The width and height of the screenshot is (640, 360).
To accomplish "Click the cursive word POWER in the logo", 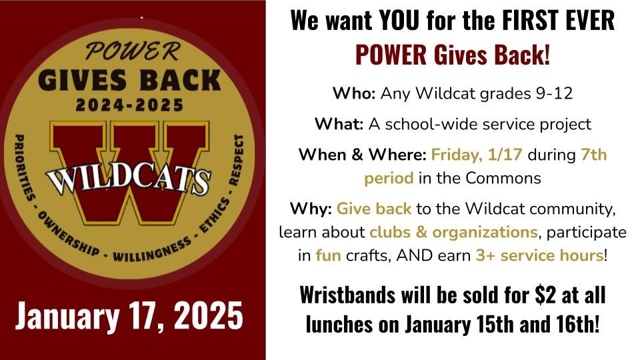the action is point(131,52).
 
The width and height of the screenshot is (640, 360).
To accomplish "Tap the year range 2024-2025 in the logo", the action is point(130,105).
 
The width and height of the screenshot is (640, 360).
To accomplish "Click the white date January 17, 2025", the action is point(129,316).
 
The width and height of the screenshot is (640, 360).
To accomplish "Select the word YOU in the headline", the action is point(399,19).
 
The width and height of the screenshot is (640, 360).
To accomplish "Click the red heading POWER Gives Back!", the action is point(453,54).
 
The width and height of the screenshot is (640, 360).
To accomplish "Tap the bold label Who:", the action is point(354,93).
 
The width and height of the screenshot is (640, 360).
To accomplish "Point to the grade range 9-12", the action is point(554,93).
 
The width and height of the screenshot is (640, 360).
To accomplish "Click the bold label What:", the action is point(339,124).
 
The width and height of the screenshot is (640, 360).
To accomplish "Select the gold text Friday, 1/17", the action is point(477,155).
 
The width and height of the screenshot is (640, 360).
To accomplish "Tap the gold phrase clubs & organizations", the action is point(453,232).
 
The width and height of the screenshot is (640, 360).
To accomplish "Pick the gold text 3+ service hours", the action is point(539,255).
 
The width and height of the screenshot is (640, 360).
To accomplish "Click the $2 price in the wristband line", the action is point(546,295).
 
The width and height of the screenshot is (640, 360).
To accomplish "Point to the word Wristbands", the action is point(347,295).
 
